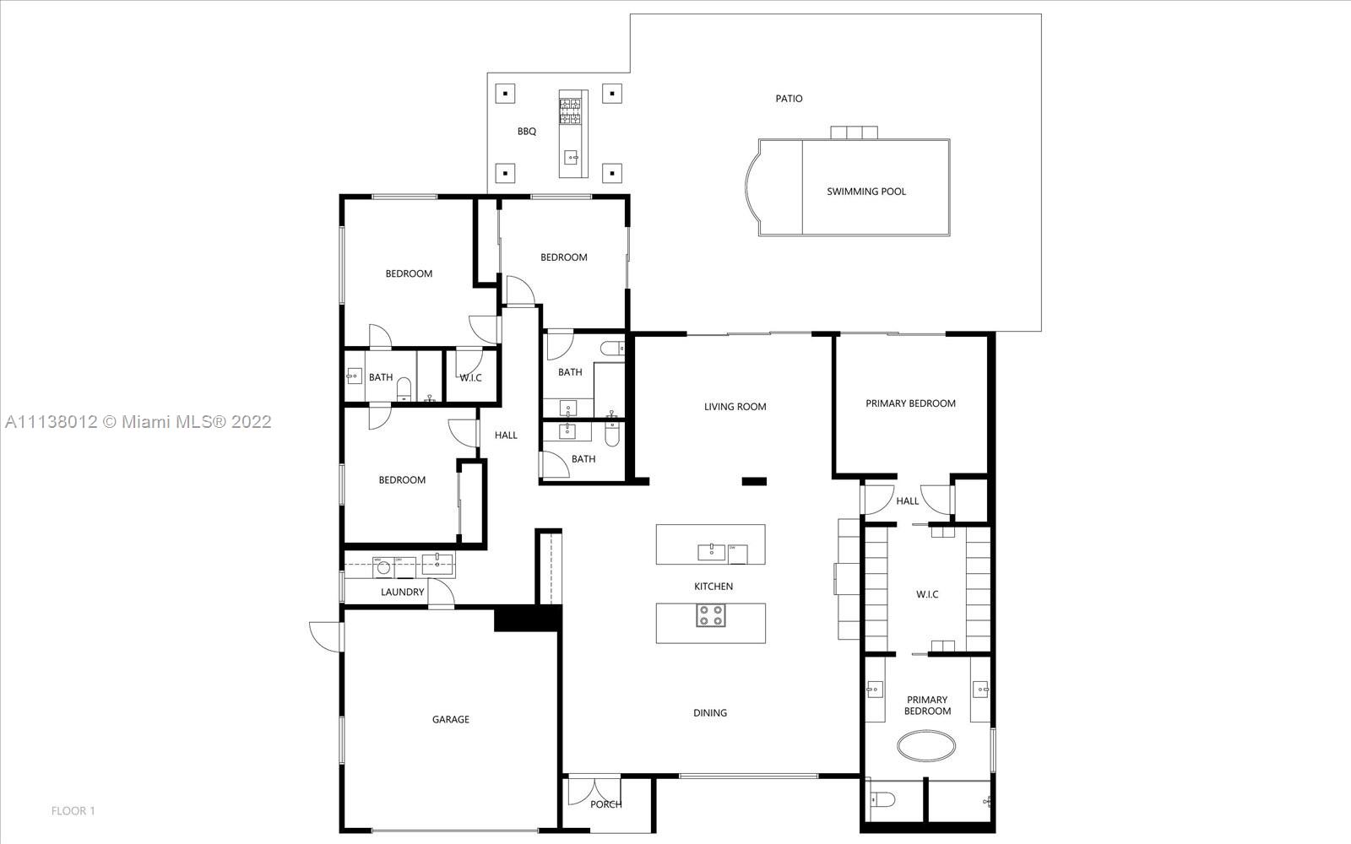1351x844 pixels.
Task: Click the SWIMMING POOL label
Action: [866, 192]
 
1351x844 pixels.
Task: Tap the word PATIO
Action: [789, 98]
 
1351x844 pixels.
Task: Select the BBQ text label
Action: [527, 132]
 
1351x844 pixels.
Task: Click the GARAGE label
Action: [451, 719]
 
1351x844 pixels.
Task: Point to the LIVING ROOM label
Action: [735, 407]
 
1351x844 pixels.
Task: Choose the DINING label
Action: [710, 713]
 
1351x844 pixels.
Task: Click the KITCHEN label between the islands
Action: [713, 587]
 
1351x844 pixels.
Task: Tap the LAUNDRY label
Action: [402, 592]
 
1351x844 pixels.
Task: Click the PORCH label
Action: [605, 804]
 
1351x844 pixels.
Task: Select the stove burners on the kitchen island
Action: [710, 615]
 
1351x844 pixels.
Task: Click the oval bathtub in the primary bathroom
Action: [926, 746]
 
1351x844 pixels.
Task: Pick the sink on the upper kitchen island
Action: [712, 552]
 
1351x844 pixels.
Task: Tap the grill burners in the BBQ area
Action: [571, 111]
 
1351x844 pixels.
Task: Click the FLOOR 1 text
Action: [73, 811]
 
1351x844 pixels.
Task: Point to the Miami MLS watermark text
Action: [138, 422]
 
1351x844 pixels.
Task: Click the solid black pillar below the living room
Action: [754, 481]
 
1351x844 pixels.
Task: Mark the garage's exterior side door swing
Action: [325, 636]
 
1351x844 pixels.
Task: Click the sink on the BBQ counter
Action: [571, 158]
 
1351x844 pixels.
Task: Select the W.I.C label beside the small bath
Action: [470, 378]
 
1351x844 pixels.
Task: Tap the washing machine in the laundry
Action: [383, 568]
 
